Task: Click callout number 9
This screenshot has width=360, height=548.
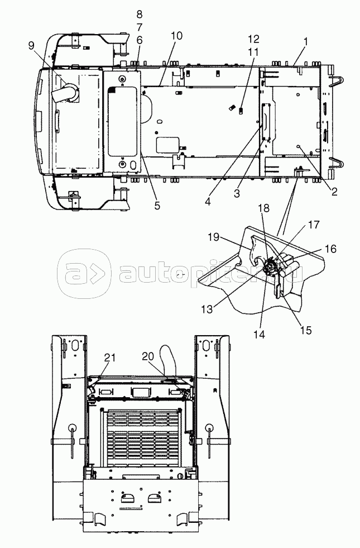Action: coord(32,45)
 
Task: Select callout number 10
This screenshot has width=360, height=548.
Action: coord(177,36)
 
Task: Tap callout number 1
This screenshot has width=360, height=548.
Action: coord(305,41)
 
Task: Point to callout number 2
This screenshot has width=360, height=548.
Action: coord(334,191)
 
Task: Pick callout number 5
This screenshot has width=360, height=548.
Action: coord(157,206)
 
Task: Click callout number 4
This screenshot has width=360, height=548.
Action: coord(208,202)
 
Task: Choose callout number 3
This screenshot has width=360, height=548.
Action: coord(237,193)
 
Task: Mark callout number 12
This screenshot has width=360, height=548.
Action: coord(254,38)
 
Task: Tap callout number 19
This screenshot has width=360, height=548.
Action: coord(213,237)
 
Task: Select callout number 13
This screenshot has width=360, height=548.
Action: coord(207,309)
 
